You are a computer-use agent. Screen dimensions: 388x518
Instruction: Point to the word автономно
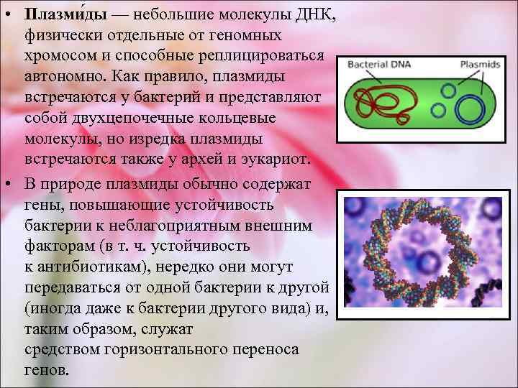point(64,75)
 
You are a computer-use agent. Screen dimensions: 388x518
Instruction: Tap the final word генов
point(47,370)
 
